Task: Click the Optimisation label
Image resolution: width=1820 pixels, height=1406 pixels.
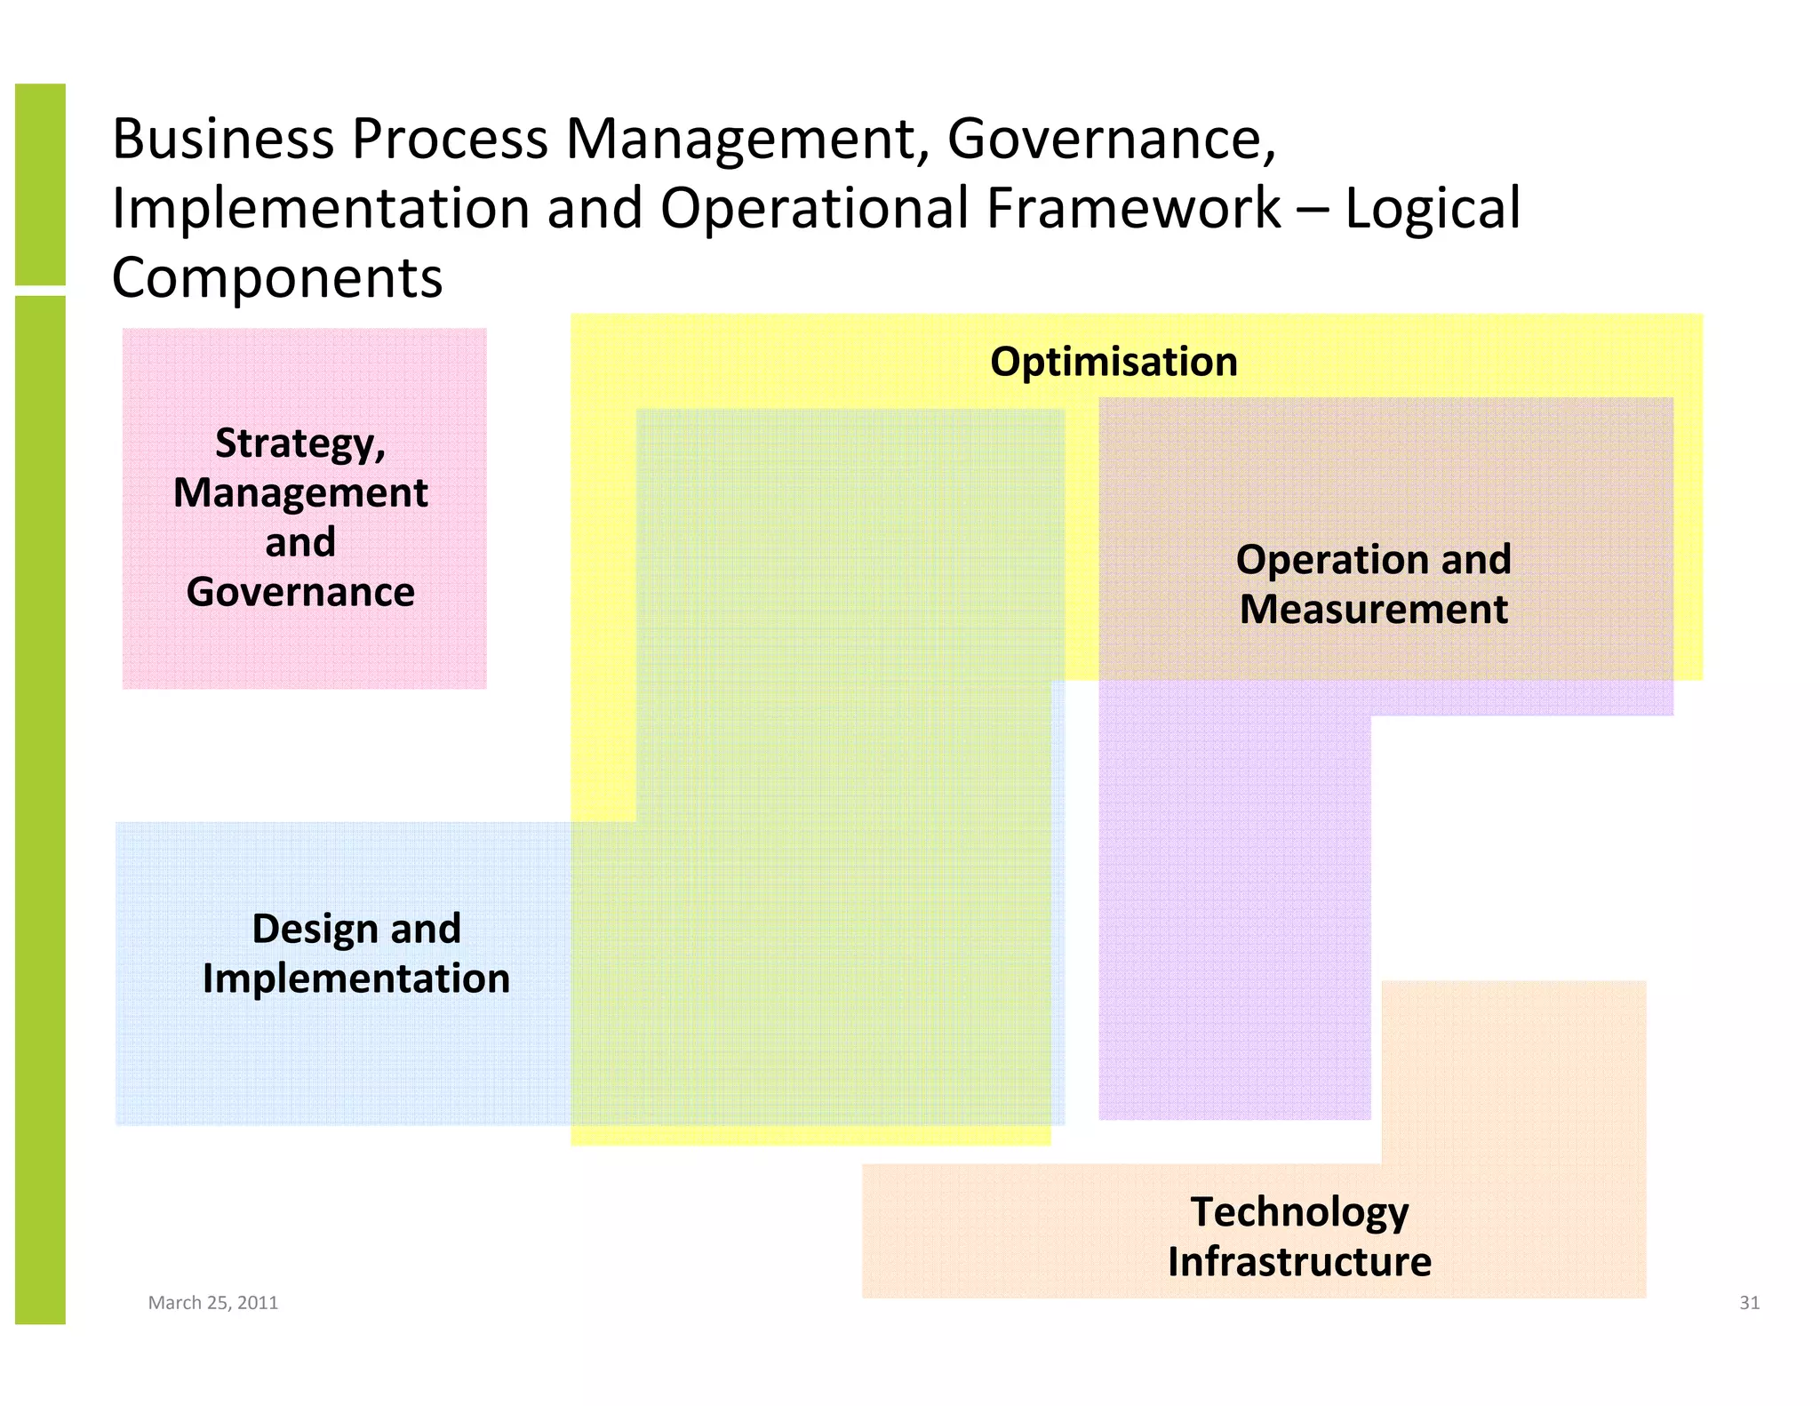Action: click(x=1114, y=362)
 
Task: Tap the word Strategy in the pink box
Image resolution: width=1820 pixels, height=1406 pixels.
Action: click(x=299, y=443)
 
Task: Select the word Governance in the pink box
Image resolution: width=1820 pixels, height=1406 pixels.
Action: click(x=300, y=592)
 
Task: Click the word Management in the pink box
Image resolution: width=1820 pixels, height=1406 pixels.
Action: click(x=300, y=492)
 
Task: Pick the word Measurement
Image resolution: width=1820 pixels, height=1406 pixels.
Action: click(x=1373, y=610)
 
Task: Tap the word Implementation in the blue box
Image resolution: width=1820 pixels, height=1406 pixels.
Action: click(x=356, y=979)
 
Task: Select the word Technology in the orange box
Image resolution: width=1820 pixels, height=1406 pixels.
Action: click(x=1299, y=1212)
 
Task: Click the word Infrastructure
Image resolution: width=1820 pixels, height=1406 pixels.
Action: click(x=1299, y=1262)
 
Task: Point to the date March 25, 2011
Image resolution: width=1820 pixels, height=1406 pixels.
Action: click(x=212, y=1303)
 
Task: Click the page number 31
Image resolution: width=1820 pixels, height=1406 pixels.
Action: click(x=1749, y=1303)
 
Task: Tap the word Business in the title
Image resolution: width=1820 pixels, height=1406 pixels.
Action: click(x=223, y=140)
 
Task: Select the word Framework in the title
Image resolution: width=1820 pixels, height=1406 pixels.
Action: click(x=1133, y=209)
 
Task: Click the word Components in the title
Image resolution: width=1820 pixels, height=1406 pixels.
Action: click(x=276, y=278)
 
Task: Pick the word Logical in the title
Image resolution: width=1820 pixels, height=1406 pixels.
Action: click(x=1433, y=209)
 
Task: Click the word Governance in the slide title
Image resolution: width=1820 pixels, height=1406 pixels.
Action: click(x=1111, y=140)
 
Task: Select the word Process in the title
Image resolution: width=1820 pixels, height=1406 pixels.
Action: click(x=451, y=140)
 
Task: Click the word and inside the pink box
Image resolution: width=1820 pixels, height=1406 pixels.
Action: click(x=300, y=542)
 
